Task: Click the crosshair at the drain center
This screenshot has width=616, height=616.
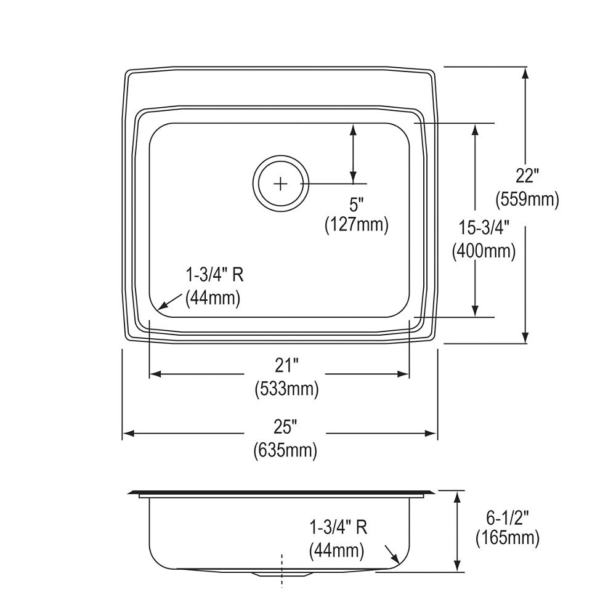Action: tap(280, 184)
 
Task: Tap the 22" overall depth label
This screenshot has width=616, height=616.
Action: tap(527, 176)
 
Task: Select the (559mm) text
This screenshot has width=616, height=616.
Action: tap(527, 199)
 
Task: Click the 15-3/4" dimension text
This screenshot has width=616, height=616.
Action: tap(484, 228)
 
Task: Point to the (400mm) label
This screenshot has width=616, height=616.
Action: tap(484, 251)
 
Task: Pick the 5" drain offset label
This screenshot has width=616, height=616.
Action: tap(357, 203)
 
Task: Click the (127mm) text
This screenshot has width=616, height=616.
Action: tap(357, 225)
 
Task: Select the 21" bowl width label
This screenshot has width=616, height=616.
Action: tap(286, 366)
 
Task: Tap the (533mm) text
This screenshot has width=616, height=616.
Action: tap(286, 389)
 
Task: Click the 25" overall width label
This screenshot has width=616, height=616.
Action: tap(285, 426)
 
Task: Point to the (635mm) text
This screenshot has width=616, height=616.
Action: tap(285, 450)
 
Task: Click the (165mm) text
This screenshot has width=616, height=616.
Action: tap(507, 538)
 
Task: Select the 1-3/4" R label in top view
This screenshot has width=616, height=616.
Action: tap(215, 275)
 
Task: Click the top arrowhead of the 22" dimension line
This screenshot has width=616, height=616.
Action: tap(525, 72)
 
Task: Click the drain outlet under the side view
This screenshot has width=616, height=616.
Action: tap(282, 573)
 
